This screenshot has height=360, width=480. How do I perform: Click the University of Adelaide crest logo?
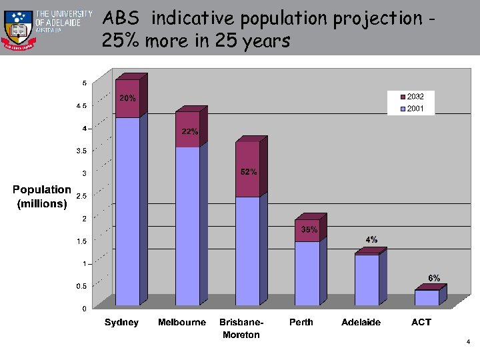point(17,29)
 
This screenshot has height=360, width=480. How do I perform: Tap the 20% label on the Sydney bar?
point(127,98)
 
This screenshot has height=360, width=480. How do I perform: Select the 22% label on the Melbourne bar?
point(190,131)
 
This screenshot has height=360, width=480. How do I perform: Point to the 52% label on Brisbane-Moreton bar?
point(249,172)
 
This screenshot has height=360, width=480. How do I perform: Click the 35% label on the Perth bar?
point(309,229)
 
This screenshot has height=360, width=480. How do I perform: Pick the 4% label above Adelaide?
point(371,239)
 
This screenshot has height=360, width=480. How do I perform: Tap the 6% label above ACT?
point(434,278)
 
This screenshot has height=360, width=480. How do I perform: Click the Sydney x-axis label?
point(122,322)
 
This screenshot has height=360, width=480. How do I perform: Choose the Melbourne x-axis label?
point(182,322)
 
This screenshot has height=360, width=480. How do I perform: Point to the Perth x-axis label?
point(301,322)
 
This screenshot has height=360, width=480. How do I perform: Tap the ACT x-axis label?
point(421,322)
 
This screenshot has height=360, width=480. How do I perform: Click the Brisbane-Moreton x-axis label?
point(241,328)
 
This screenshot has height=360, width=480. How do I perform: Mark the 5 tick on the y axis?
point(84,83)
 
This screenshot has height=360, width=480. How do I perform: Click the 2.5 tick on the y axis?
point(82,196)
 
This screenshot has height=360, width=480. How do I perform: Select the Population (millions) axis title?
point(42,197)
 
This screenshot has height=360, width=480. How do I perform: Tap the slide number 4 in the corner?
point(469,342)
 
